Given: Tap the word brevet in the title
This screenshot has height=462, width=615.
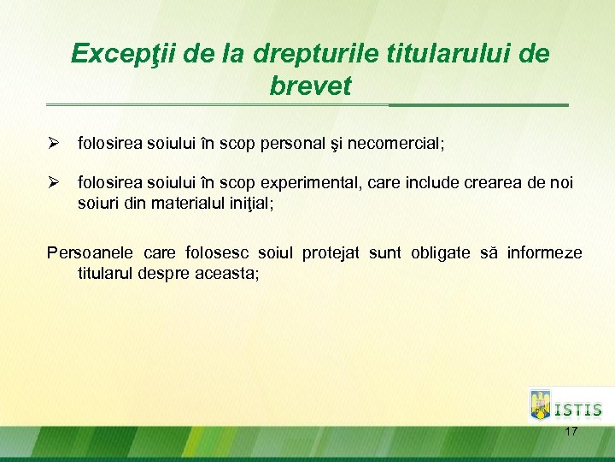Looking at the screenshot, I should (310, 86).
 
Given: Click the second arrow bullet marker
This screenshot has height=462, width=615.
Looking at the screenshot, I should (52, 183).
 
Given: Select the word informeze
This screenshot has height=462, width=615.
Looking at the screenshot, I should (544, 253).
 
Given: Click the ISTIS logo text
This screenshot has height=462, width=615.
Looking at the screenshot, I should (578, 410).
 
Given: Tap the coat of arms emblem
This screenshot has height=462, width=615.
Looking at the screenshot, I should (541, 405).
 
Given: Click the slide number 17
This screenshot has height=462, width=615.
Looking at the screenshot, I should (571, 432).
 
